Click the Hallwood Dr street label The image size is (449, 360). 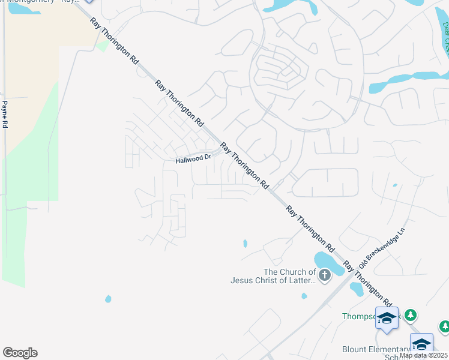coord(193,159)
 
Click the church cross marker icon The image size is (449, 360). coord(324,275)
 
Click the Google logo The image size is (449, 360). coord(20,353)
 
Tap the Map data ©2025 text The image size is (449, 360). coord(423,355)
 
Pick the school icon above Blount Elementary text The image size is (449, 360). coord(421,344)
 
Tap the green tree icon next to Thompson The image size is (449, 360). coord(411,314)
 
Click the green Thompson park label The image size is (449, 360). coord(358,316)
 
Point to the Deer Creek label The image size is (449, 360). coord(445,36)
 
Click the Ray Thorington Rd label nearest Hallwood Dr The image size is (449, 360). coord(243,164)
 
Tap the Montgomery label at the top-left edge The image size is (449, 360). coord(42,2)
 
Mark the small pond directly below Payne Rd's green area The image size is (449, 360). coord(108,298)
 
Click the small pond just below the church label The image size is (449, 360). coord(304,296)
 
